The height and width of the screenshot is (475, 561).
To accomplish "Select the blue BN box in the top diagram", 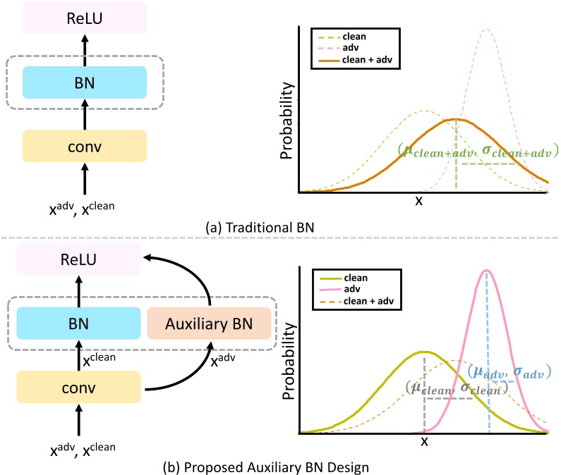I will [x=85, y=82].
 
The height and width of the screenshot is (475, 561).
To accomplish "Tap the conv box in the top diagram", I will [x=85, y=147].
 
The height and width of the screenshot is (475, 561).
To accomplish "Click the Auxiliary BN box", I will [x=209, y=323].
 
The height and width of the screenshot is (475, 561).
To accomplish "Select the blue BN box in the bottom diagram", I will [x=79, y=323].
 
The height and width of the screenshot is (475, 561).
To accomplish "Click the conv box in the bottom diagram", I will [x=79, y=388].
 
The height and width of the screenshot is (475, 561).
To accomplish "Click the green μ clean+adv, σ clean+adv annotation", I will [x=478, y=150].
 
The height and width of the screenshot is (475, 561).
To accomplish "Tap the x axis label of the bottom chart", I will [x=424, y=441].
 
